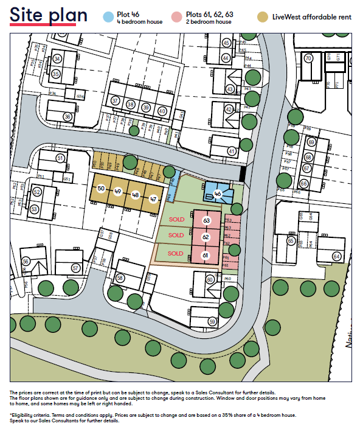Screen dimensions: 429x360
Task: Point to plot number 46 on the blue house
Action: coord(218,194)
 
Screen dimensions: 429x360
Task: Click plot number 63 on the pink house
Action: coord(206,220)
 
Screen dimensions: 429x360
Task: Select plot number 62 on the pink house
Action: coord(206,237)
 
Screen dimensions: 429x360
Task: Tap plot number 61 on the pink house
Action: coord(206,255)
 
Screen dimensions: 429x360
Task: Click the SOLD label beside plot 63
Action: coord(176,218)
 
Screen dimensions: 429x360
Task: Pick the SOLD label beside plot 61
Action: coord(176,253)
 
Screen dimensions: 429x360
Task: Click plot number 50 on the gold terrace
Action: coord(101,189)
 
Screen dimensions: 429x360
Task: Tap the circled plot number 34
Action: coord(57,58)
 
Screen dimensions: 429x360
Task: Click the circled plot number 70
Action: coord(308,58)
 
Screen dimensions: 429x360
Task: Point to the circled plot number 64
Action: coord(336,256)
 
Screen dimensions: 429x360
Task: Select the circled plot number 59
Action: coord(212,321)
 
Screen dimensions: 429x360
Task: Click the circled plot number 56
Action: coord(26,261)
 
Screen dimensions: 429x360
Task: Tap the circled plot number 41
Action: coord(231,151)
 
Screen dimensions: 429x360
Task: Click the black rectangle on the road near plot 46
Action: coord(243,173)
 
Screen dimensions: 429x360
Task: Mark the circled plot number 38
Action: coord(130,105)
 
